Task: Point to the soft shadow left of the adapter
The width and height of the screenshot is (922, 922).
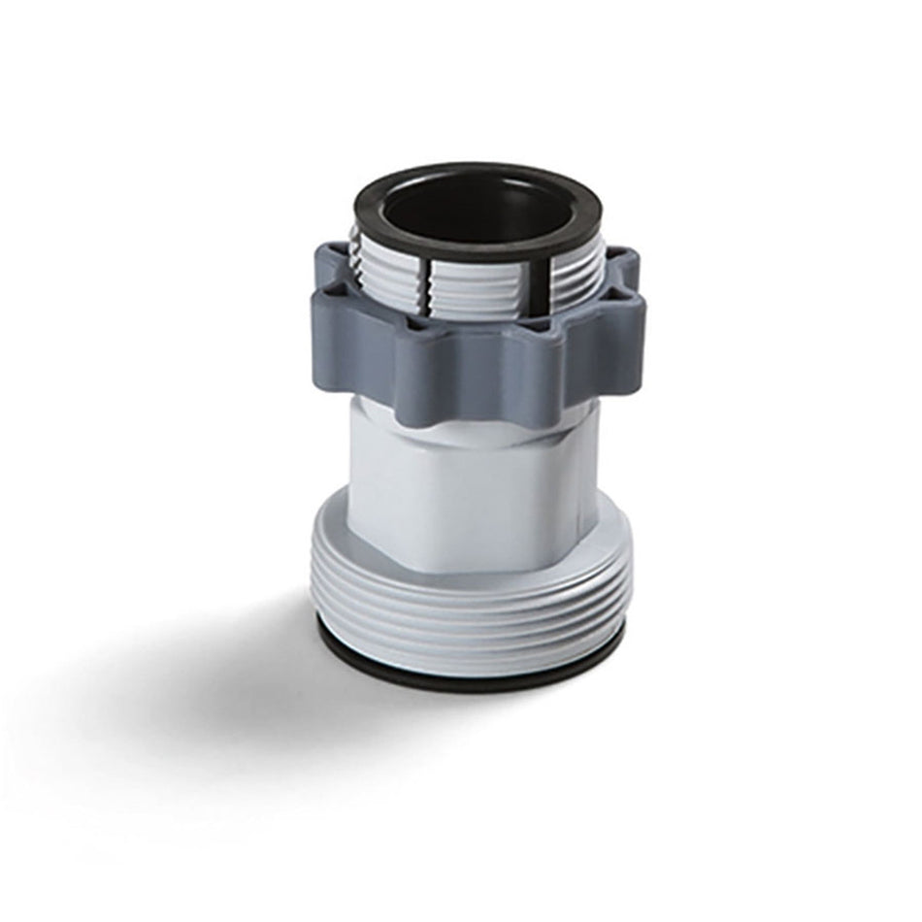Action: click(x=194, y=670)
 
